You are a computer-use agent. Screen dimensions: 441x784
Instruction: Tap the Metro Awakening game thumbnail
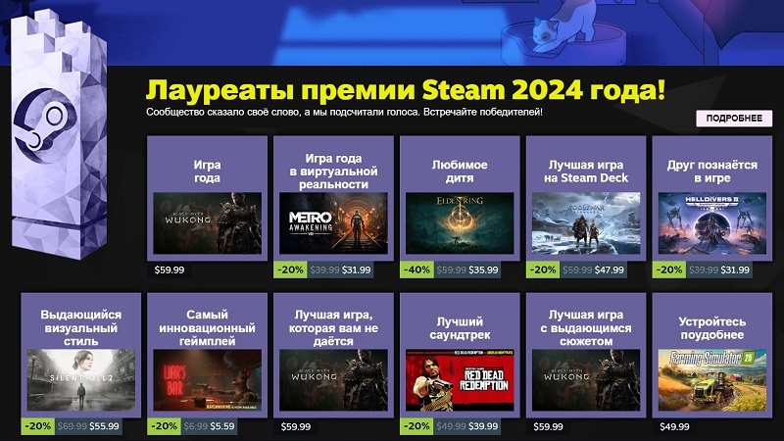pos(333,224)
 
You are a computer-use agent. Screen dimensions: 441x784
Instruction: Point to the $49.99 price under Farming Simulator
pos(675,426)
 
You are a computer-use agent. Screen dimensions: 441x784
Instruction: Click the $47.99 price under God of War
pos(609,269)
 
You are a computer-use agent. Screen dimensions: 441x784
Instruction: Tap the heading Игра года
pos(207,171)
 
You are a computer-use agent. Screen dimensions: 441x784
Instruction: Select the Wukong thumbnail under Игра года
pos(207,224)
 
